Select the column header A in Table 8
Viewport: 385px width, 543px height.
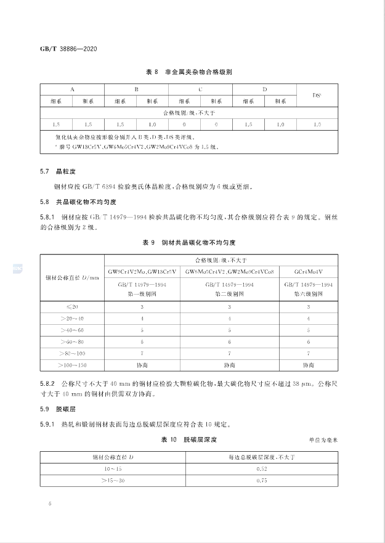[x=73, y=89]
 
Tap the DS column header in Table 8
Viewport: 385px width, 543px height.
[x=317, y=96]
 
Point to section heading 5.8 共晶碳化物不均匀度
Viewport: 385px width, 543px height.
[x=73, y=202]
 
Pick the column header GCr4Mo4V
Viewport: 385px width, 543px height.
[x=308, y=271]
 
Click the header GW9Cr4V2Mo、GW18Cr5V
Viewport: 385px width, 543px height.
[x=142, y=271]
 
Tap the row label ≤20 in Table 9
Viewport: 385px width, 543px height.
[x=73, y=306]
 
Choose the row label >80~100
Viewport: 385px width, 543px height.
[x=73, y=353]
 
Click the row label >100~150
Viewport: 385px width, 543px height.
[x=73, y=365]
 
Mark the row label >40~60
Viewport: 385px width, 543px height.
[x=73, y=330]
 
